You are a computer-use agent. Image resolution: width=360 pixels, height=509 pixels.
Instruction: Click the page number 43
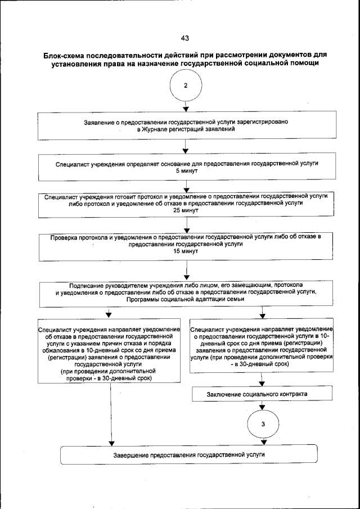[184, 38]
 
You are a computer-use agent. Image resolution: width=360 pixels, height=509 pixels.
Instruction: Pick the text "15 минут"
[185, 251]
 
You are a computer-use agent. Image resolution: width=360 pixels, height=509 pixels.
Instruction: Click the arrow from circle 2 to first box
[185, 107]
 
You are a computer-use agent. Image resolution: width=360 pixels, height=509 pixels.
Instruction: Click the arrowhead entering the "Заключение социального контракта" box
[263, 384]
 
